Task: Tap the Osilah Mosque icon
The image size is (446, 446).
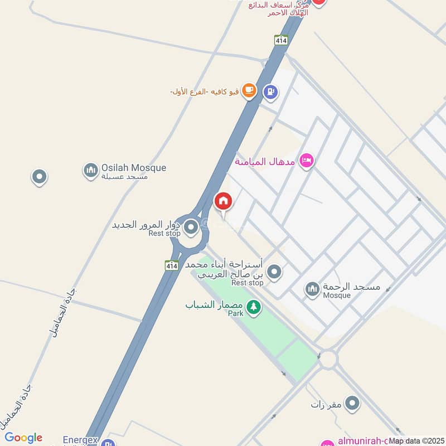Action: (90, 171)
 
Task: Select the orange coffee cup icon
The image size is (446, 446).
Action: (249, 91)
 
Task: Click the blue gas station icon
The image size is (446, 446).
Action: (271, 91)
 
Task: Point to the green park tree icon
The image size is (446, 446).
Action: (254, 307)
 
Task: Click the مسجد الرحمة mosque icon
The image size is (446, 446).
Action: (312, 289)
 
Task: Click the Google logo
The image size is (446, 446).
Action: (23, 438)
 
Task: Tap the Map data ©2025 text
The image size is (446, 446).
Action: (415, 441)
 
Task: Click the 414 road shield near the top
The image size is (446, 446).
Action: (281, 40)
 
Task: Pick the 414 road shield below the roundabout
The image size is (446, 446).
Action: (171, 266)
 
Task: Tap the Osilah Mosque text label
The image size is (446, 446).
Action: (133, 168)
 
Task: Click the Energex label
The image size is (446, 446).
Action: (81, 440)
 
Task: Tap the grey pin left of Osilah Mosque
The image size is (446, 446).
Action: (39, 177)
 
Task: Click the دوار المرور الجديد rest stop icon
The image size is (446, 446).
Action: (191, 227)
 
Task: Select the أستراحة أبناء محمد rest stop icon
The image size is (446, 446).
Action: (274, 272)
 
